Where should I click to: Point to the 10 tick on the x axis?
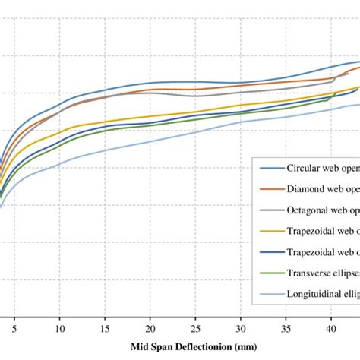(59, 331)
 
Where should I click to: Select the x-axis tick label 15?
(105, 331)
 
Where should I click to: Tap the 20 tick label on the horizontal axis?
(150, 331)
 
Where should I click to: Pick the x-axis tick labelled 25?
(195, 331)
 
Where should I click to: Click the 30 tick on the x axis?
(240, 331)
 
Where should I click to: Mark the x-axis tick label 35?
(286, 331)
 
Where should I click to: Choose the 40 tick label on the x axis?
(330, 331)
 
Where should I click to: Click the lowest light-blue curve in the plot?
(150, 141)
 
